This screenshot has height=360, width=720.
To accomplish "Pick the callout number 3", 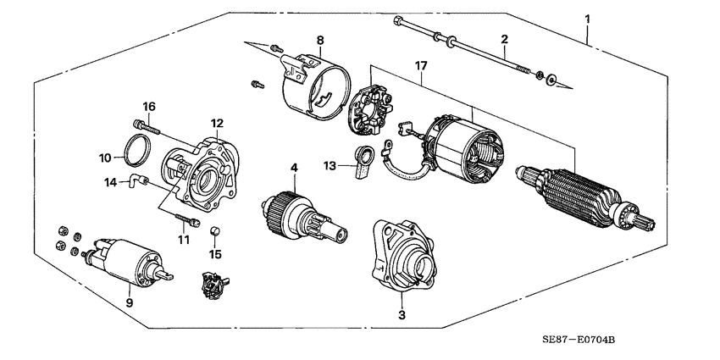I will (402, 314).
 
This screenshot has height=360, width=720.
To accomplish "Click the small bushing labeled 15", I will (215, 231).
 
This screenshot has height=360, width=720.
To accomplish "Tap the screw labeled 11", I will (188, 222).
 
